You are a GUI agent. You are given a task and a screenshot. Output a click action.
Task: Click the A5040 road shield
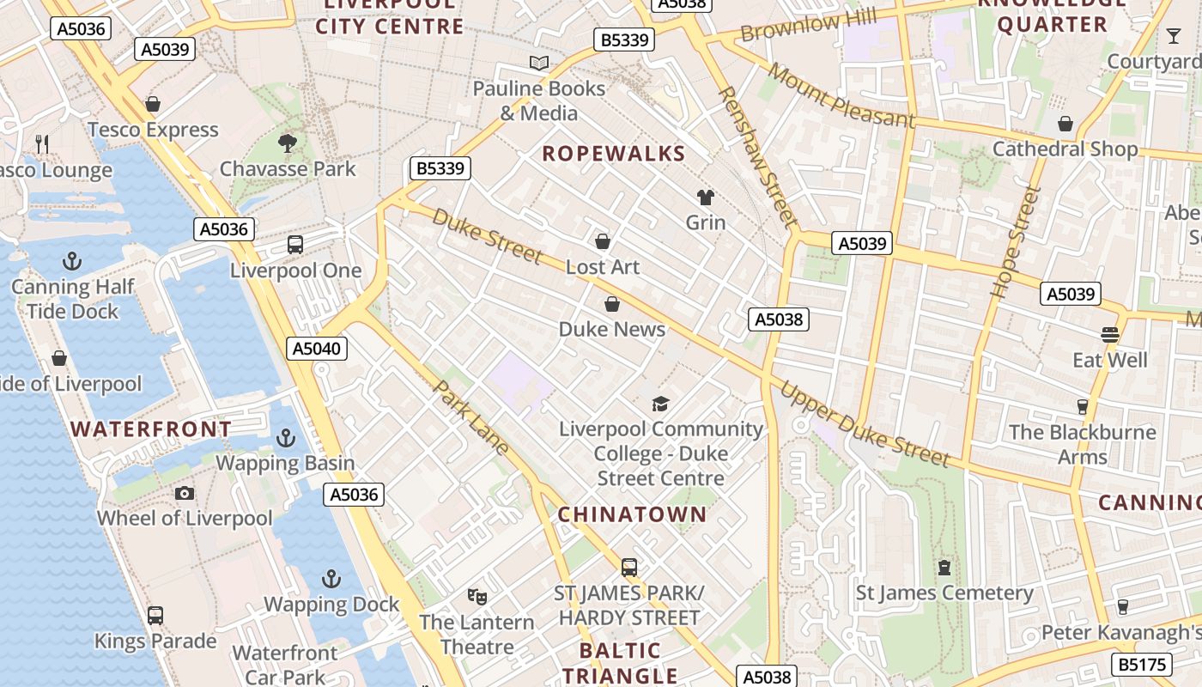(x=317, y=349)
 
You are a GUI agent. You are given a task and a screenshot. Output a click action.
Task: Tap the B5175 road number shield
(x=1142, y=664)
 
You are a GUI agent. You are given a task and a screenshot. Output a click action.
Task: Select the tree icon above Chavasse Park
(x=288, y=143)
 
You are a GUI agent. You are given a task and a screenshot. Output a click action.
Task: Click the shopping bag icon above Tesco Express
(x=153, y=105)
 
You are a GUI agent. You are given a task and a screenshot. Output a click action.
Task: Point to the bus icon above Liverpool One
(x=295, y=245)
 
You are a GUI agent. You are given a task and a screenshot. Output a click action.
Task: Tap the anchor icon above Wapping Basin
(x=285, y=439)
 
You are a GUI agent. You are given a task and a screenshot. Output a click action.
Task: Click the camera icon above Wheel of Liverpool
(x=185, y=493)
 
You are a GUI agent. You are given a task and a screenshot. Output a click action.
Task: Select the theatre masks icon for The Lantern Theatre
(x=477, y=596)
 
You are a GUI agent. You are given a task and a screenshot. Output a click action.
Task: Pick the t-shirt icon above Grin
(x=706, y=198)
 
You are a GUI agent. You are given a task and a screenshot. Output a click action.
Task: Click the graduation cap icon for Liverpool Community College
(x=660, y=404)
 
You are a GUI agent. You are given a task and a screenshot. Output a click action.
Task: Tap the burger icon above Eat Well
(x=1110, y=335)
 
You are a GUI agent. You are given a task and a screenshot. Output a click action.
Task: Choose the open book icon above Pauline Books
(x=539, y=64)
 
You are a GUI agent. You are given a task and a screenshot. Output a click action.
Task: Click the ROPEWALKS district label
(x=614, y=155)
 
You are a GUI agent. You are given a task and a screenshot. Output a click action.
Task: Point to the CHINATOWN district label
(x=632, y=515)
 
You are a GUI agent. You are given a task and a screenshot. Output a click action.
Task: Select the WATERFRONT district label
(x=151, y=429)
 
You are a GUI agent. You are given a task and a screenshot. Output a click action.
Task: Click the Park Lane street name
(x=471, y=417)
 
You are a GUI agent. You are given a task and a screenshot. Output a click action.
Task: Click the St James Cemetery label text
(x=944, y=593)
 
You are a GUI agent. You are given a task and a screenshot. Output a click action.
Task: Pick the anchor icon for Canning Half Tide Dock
(x=73, y=261)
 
